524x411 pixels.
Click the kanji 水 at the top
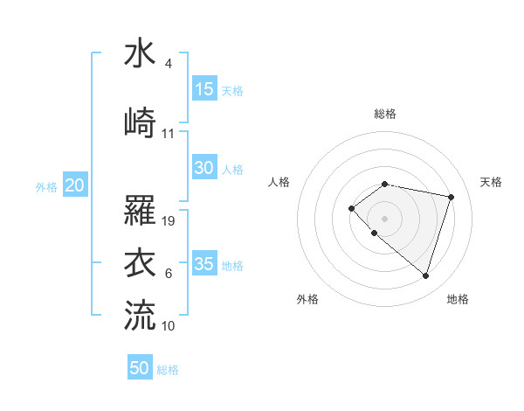(x=140, y=54)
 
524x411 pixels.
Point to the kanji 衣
(x=140, y=263)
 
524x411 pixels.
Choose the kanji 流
(x=140, y=314)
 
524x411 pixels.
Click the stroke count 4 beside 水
(x=168, y=65)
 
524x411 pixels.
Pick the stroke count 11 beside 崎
(x=169, y=134)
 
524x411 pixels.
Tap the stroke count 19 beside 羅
(x=169, y=221)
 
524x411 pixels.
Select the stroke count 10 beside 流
(x=169, y=326)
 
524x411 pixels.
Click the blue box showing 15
(x=204, y=89)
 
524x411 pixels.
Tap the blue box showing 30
(x=204, y=168)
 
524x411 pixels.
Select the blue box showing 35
(x=204, y=264)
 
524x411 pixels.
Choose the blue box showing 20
(x=75, y=185)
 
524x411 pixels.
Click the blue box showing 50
(x=140, y=368)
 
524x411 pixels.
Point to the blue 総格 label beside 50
(x=168, y=370)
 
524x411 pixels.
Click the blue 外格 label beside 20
(x=46, y=186)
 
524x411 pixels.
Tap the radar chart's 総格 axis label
(x=385, y=114)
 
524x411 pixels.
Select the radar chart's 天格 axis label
(x=492, y=182)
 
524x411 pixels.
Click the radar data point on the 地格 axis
(x=425, y=275)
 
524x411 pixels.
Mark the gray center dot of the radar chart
(x=384, y=218)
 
